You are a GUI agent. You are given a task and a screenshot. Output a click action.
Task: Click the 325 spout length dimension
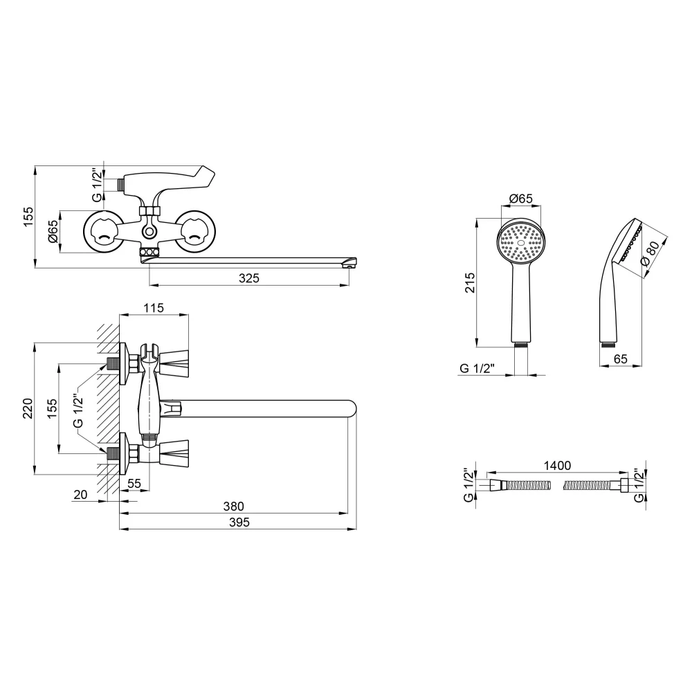(249, 278)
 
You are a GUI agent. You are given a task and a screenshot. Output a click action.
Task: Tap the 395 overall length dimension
(239, 522)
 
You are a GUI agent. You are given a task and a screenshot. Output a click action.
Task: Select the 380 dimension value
(233, 507)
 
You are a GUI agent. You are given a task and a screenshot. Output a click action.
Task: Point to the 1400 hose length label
(557, 466)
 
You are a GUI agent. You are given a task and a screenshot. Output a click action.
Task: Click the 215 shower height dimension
(470, 283)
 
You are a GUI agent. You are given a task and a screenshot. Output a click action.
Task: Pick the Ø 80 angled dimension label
(650, 254)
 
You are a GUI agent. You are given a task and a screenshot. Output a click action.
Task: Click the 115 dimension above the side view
(154, 308)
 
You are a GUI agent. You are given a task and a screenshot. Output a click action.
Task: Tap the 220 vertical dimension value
(28, 408)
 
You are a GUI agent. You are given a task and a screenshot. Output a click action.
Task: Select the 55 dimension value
(134, 483)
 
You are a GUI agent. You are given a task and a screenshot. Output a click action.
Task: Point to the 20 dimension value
(80, 495)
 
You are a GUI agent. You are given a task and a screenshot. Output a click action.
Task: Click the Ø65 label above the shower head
(521, 199)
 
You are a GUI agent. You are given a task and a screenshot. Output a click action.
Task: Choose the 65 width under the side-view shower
(621, 358)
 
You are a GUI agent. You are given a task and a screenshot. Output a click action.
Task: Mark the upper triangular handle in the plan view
(174, 363)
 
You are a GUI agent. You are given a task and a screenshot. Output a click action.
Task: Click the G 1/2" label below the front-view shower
(477, 369)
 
